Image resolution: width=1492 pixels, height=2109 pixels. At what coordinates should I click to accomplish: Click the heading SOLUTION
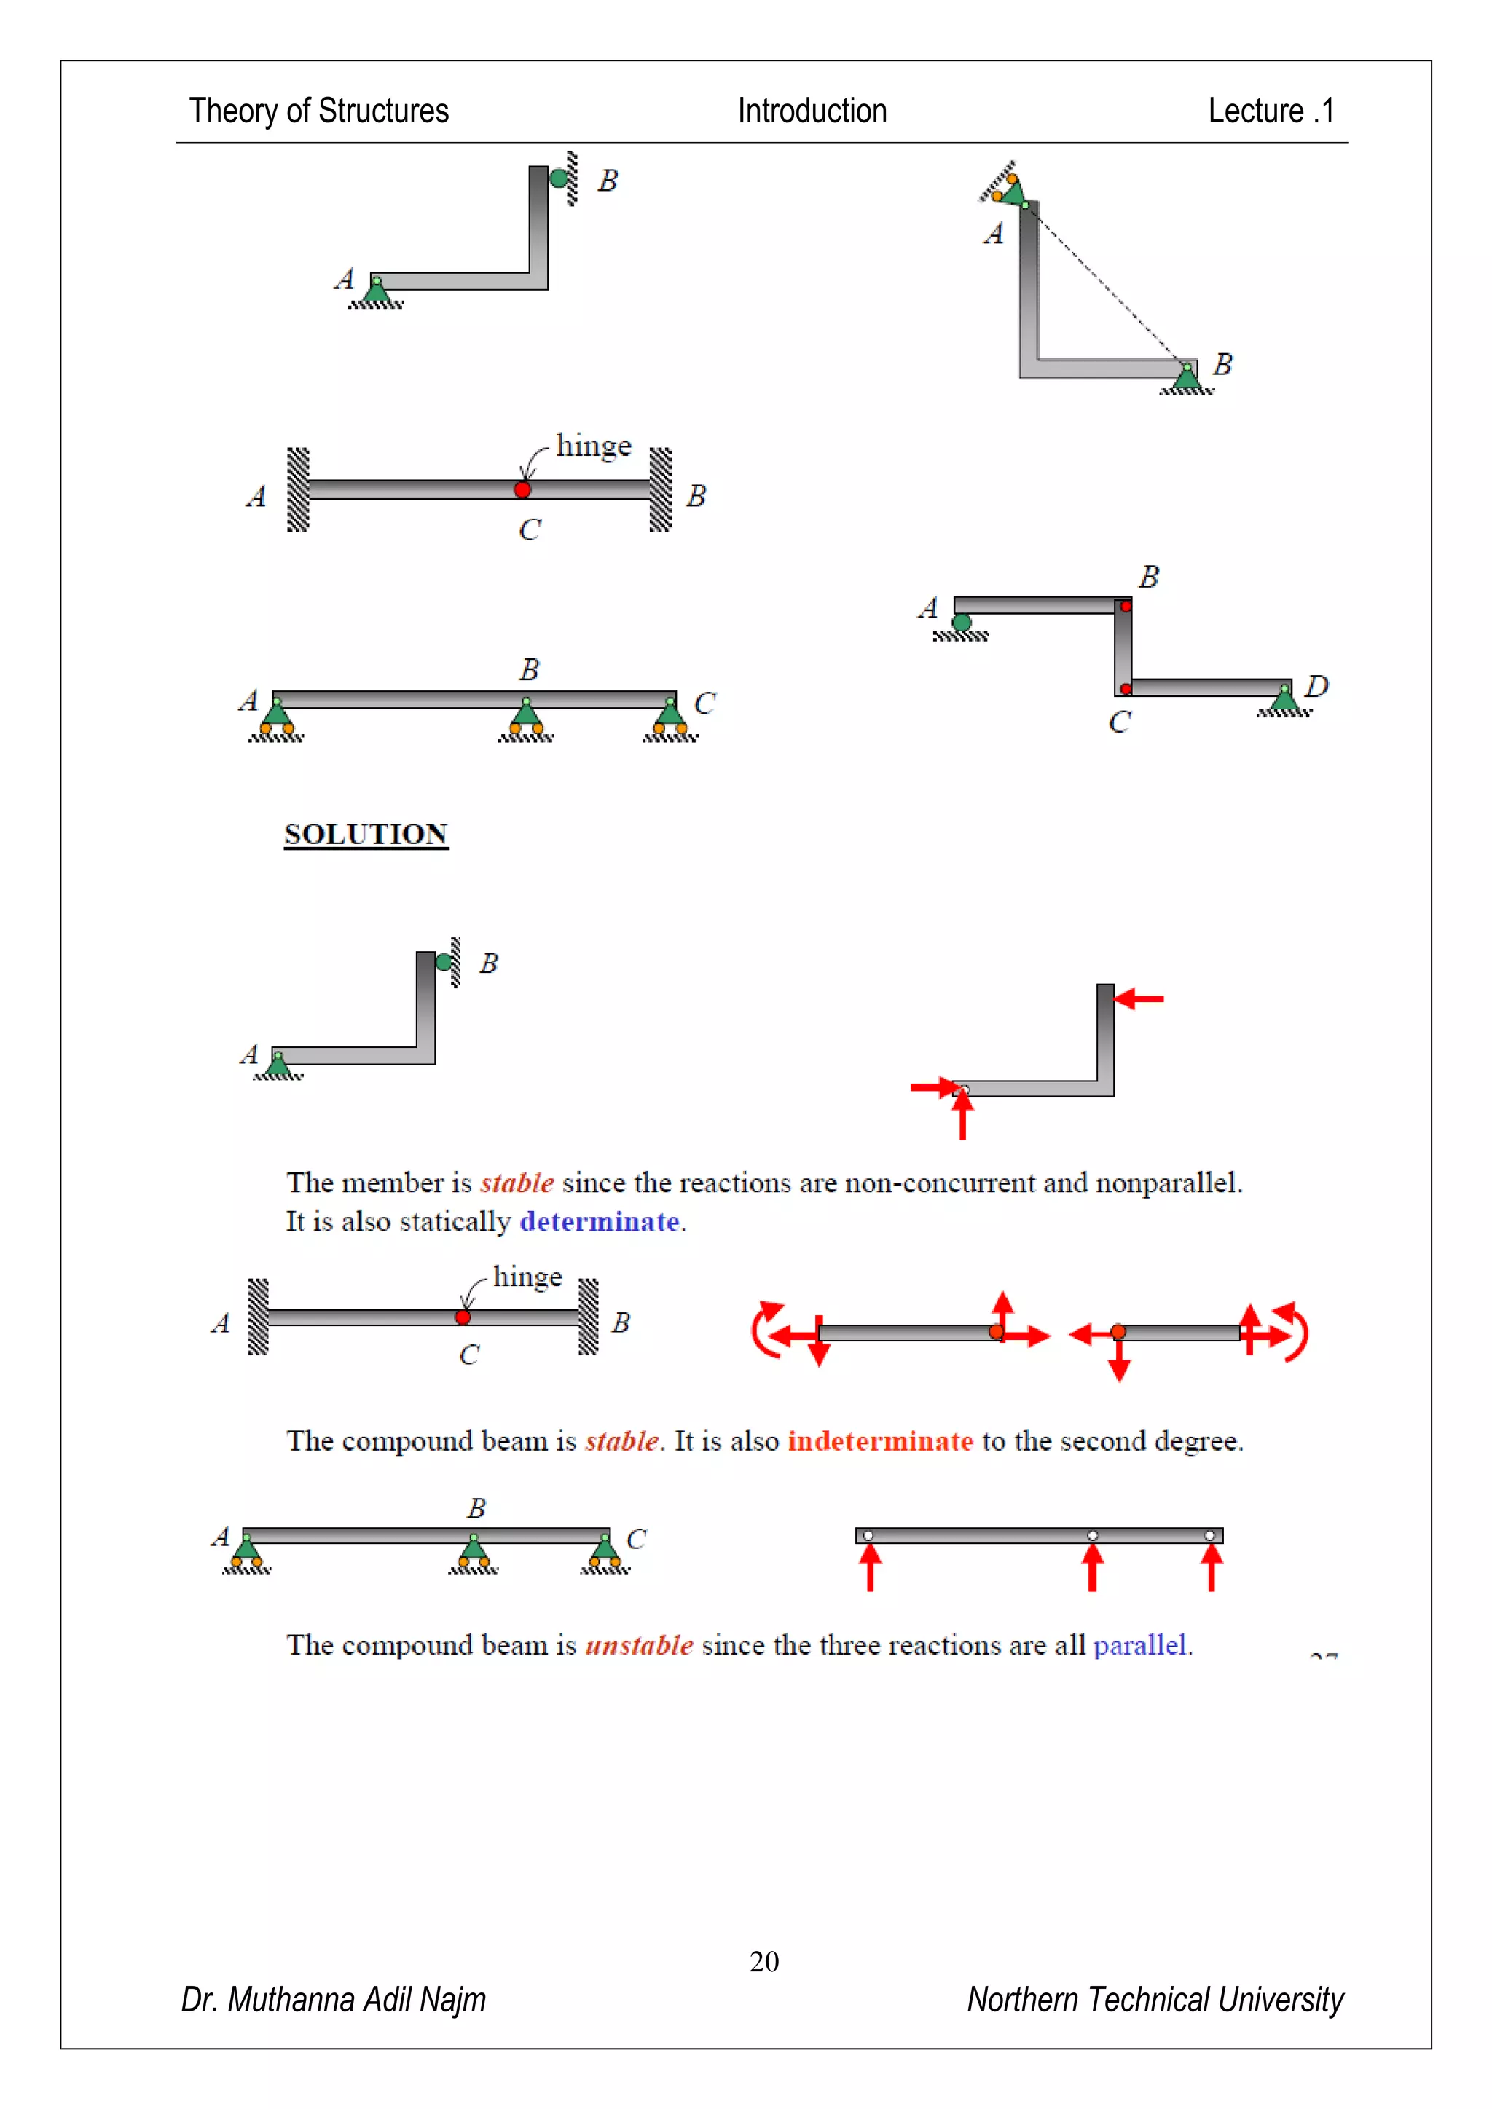pos(366,834)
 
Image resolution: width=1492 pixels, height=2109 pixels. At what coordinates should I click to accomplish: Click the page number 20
pos(763,1961)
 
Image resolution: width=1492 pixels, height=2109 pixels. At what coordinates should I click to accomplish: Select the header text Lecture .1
pos(1270,111)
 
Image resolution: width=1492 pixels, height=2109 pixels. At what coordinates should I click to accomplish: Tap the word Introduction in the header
pos(812,111)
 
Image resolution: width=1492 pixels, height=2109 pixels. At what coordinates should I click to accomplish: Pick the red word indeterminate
pos(879,1440)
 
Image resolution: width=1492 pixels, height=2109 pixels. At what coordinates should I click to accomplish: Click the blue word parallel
pos(1140,1644)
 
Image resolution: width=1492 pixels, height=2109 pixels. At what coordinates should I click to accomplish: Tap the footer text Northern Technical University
pos(1154,1999)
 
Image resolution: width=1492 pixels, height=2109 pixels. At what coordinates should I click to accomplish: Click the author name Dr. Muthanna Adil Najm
pos(334,1999)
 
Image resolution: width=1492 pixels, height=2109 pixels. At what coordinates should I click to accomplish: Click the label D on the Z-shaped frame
pos(1316,686)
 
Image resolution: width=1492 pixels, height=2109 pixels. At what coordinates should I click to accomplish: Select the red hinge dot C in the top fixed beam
pos(522,489)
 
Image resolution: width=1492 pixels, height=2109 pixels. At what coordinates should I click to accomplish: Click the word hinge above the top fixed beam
pos(594,446)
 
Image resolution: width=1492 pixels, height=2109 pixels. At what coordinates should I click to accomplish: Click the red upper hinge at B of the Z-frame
pos(1126,606)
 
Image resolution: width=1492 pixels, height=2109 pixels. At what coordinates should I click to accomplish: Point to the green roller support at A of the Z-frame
pos(962,623)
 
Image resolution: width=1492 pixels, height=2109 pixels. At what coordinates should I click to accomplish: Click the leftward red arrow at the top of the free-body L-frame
pos(1139,998)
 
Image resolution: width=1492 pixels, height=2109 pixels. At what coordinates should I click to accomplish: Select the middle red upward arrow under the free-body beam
pos(1092,1566)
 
